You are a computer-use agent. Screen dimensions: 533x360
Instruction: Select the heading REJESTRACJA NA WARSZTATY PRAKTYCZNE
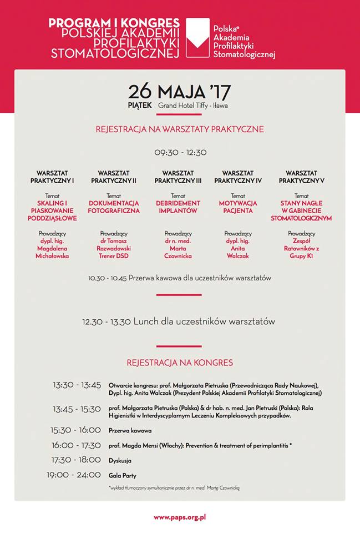[x=180, y=129]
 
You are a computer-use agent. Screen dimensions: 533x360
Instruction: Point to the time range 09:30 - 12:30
[x=180, y=152]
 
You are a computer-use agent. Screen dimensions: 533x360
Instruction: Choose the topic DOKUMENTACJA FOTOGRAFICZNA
[x=114, y=207]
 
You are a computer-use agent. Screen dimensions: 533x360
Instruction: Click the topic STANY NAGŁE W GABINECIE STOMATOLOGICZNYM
[x=302, y=211]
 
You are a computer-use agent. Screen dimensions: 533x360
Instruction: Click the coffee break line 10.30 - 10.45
[x=180, y=278]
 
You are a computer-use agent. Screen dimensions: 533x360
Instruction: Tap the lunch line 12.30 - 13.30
[x=179, y=321]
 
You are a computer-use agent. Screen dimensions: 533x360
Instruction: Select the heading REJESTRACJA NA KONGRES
[x=180, y=363]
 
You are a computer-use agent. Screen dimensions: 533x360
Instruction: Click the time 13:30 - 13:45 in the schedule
[x=77, y=385]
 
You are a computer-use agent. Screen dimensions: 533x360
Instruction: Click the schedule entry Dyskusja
[x=120, y=461]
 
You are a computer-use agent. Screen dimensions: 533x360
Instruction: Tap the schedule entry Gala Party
[x=122, y=476]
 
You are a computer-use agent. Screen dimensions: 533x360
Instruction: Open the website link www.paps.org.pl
[x=180, y=517]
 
